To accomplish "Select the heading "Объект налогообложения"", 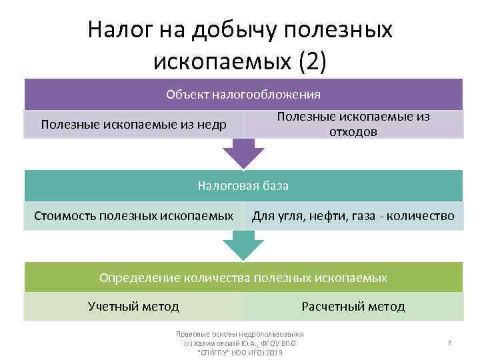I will [x=243, y=94].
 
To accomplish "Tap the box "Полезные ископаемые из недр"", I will [x=133, y=125].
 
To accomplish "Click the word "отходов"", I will [x=353, y=132].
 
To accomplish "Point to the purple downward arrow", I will [x=243, y=153].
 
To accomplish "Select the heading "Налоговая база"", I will [x=243, y=186].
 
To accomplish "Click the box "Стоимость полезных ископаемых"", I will [x=134, y=216].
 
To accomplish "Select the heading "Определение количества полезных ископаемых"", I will [x=243, y=277].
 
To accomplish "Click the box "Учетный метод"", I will [x=133, y=307].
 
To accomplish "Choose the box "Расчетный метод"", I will [x=353, y=307].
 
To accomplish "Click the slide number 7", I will [x=449, y=343].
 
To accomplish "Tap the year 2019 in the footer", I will [x=272, y=352].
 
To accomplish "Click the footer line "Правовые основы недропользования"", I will [x=239, y=334].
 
